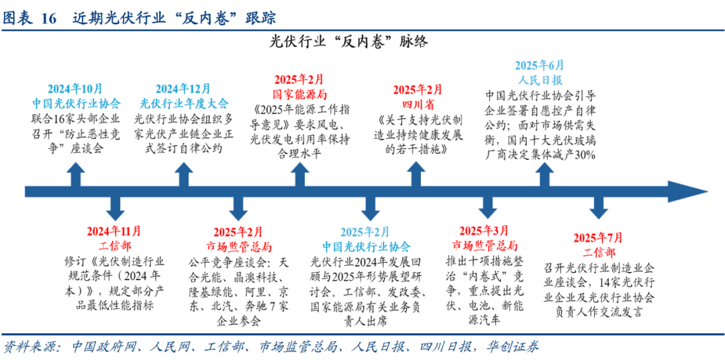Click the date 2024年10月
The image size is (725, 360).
(75, 89)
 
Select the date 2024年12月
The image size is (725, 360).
(183, 89)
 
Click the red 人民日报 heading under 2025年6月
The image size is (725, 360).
(540, 79)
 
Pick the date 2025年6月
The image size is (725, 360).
(540, 66)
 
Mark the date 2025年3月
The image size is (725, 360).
(484, 231)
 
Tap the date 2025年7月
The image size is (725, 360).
(598, 238)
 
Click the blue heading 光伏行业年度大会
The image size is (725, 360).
(183, 103)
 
